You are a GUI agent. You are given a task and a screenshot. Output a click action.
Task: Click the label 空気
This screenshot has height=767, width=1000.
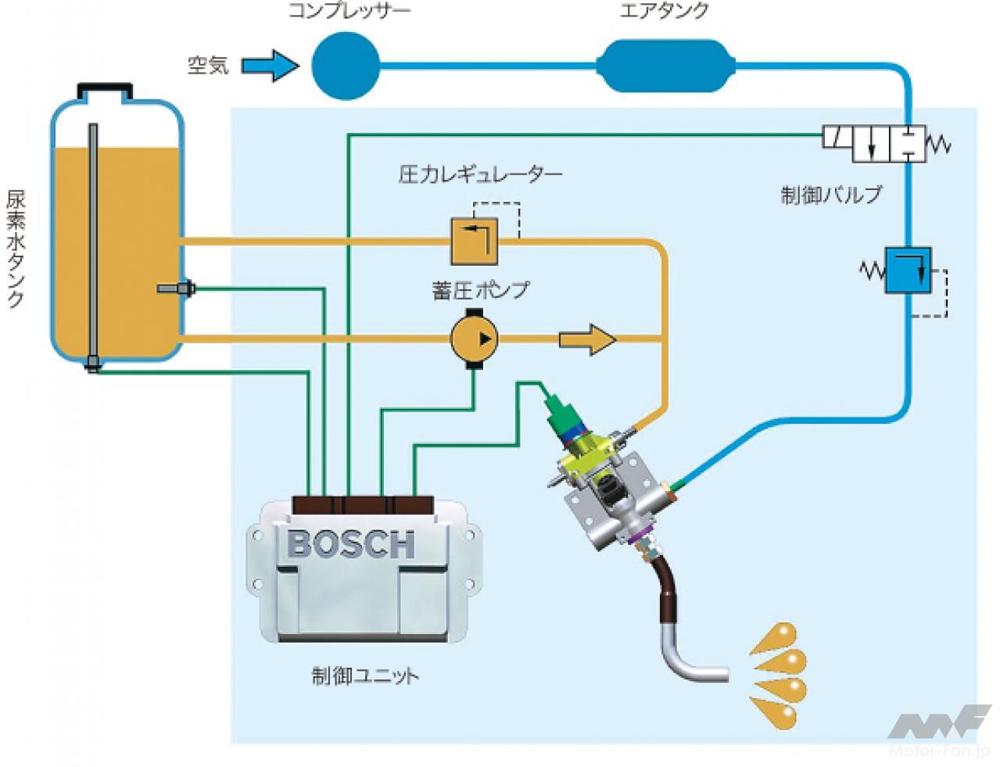click(208, 65)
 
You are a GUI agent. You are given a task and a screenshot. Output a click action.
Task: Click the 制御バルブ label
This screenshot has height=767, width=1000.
click(831, 194)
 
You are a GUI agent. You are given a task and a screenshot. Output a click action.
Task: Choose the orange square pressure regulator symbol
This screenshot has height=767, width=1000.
click(474, 241)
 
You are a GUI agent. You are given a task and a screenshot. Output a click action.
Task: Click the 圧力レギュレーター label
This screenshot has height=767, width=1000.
click(480, 174)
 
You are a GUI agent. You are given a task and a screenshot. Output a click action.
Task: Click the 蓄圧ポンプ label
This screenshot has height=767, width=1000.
click(480, 291)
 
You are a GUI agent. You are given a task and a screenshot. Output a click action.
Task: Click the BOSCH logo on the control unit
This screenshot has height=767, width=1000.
click(351, 544)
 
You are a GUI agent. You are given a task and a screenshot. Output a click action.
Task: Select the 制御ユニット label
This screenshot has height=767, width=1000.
click(364, 674)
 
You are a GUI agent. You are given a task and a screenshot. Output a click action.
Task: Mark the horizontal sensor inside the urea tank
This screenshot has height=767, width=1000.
click(174, 289)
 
